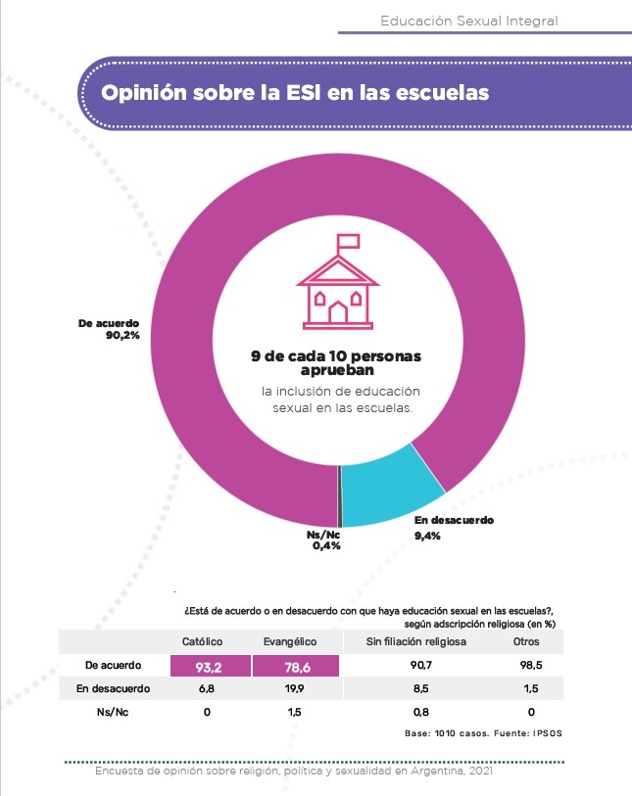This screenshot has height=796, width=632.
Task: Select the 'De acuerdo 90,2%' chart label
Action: pos(109,328)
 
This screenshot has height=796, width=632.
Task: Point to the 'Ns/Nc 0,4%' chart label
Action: pos(323,540)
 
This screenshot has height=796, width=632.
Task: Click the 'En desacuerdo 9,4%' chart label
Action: pos(454,527)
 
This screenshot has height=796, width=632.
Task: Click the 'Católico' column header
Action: pos(204,642)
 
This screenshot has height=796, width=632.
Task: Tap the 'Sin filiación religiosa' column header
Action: pos(415,642)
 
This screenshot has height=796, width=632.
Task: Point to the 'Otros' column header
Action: pos(526,642)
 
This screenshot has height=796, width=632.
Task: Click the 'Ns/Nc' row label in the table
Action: pos(114,712)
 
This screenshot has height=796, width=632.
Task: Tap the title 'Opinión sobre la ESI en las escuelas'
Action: pos(296,93)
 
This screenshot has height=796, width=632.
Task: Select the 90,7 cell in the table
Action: pos(415,667)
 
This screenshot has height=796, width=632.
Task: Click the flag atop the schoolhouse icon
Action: pos(348,241)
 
